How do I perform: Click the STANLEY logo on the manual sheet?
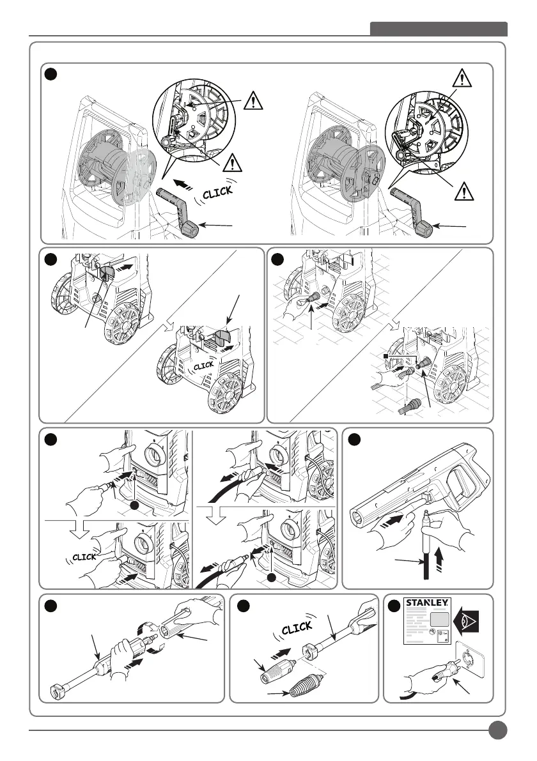pos(426,605)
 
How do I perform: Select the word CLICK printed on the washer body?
pos(203,366)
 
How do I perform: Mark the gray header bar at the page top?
pos(439,29)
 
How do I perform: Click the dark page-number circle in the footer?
pos(496,730)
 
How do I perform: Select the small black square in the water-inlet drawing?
pos(386,355)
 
